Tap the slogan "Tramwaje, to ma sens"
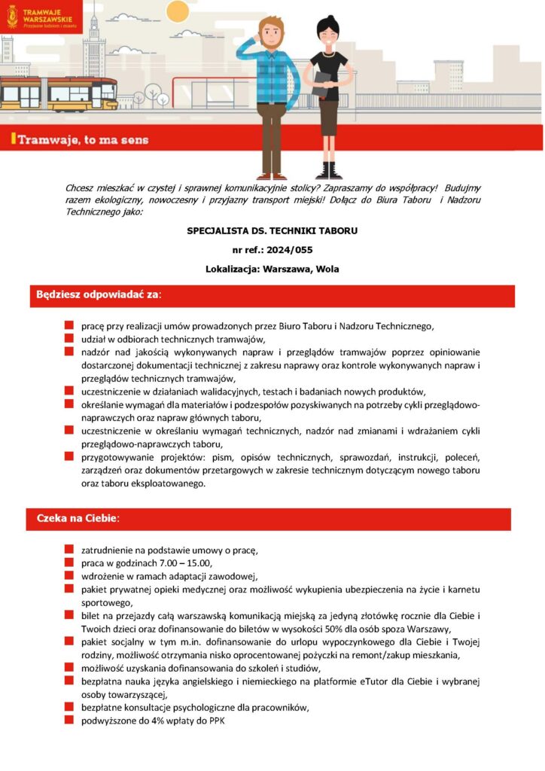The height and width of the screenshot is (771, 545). click(83, 139)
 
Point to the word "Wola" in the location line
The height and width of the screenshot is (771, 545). click(327, 269)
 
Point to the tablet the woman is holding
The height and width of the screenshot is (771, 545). click(321, 81)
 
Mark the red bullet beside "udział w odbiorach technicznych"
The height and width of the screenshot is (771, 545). click(69, 339)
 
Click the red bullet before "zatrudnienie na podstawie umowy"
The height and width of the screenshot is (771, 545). click(69, 550)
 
